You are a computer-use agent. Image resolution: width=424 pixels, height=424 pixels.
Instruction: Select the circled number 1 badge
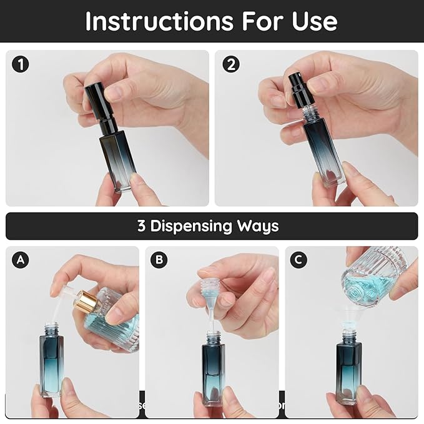(x=22, y=64)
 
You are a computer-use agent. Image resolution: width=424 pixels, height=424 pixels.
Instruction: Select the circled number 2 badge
(x=231, y=64)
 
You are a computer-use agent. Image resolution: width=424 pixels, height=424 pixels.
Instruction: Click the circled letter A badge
(x=22, y=260)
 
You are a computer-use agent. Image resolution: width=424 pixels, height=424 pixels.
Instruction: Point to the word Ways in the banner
(x=257, y=226)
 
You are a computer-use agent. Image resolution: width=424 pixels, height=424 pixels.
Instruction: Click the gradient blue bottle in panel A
(x=51, y=362)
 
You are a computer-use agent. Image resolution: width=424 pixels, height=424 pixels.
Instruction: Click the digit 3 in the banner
(x=141, y=226)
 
